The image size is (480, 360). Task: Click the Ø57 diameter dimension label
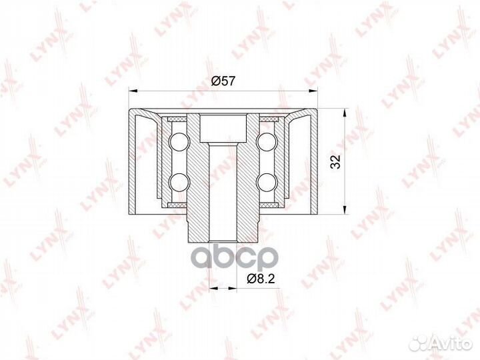point(223,81)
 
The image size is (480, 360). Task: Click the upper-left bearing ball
point(179,142)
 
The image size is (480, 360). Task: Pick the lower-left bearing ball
point(179,183)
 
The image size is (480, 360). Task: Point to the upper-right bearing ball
point(267,142)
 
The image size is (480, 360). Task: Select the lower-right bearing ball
point(267,183)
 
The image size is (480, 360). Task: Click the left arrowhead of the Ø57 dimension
point(133,91)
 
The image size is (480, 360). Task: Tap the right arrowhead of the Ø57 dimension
point(313,91)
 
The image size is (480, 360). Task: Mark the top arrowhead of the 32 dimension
point(345,113)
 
